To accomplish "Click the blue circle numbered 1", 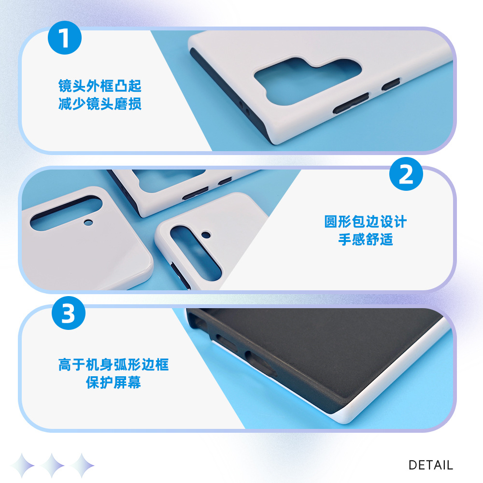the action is tap(65, 38).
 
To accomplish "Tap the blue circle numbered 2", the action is tap(406, 174).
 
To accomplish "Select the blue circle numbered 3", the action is tap(69, 313).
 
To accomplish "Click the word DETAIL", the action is tap(430, 465).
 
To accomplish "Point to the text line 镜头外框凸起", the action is tap(100, 86).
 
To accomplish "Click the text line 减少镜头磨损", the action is tap(100, 104).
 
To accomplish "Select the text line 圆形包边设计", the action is tap(366, 222).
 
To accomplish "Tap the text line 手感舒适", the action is tap(366, 240).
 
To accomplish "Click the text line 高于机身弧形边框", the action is tap(114, 365).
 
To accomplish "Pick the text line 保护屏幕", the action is tap(114, 383).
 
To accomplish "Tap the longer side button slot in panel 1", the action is tap(351, 103).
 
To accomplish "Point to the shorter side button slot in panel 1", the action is tap(391, 84).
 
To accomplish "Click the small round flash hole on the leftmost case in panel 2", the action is tap(88, 222).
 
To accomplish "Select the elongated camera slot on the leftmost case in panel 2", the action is tap(66, 213).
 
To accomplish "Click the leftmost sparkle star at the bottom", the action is tap(22, 466).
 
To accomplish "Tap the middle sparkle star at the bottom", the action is tap(52, 466).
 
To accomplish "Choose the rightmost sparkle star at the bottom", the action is tap(82, 466).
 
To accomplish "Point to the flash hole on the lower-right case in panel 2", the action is tap(206, 235).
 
